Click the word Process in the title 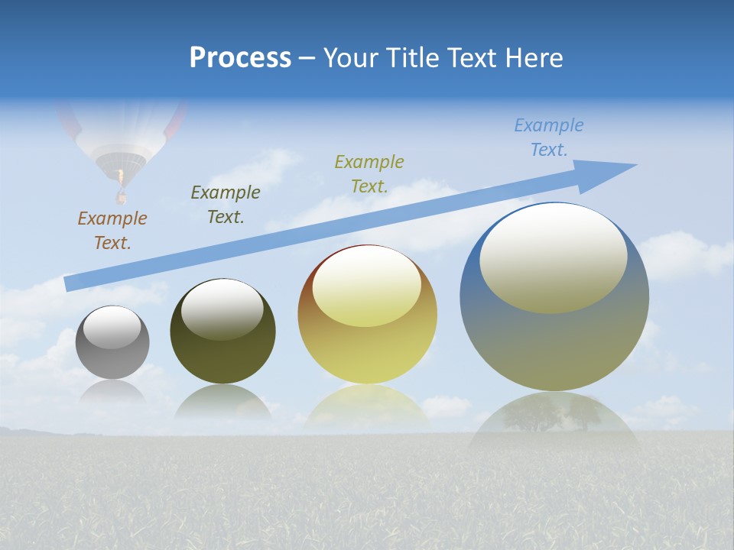[240, 58]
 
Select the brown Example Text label [112, 231]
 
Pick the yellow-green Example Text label [369, 174]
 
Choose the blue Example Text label [549, 137]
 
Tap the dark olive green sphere [222, 332]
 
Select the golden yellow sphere [368, 315]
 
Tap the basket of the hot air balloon [120, 198]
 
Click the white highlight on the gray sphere [112, 327]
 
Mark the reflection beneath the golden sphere [367, 405]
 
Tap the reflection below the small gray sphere [112, 392]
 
